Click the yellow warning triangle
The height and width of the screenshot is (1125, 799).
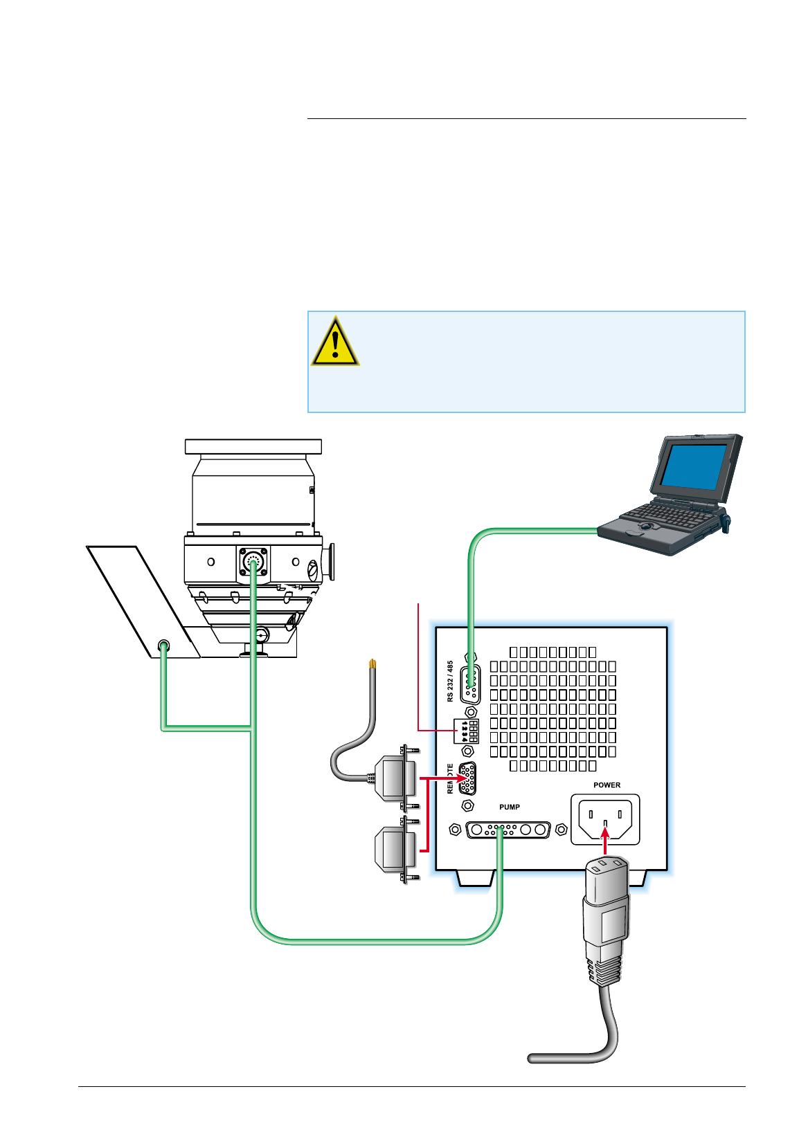pyautogui.click(x=335, y=342)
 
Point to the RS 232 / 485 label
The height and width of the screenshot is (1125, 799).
pyautogui.click(x=451, y=681)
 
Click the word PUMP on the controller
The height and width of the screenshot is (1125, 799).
pyautogui.click(x=510, y=807)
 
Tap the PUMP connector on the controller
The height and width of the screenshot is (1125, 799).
pyautogui.click(x=508, y=830)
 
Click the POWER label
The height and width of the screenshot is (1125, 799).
pyautogui.click(x=607, y=785)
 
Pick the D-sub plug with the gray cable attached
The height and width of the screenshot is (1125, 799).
pyautogui.click(x=396, y=778)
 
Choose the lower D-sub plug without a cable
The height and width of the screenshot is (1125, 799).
pyautogui.click(x=396, y=849)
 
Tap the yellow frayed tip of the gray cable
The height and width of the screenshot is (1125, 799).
pyautogui.click(x=373, y=664)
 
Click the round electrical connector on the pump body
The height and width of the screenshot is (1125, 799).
pyautogui.click(x=253, y=562)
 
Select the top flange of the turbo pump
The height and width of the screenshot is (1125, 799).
pyautogui.click(x=253, y=446)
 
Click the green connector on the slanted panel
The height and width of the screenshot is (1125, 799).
pyautogui.click(x=164, y=647)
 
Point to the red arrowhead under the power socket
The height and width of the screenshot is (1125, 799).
pyautogui.click(x=605, y=834)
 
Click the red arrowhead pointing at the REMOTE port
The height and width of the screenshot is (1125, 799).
pyautogui.click(x=461, y=778)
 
